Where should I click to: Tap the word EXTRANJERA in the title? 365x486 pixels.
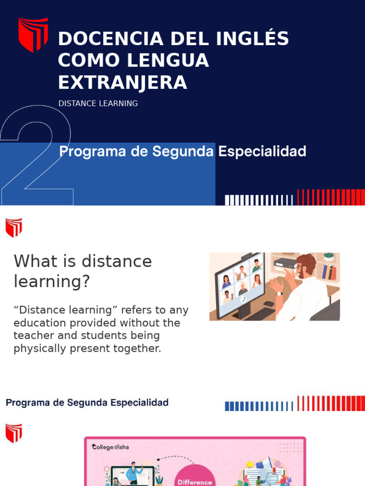(x=122, y=83)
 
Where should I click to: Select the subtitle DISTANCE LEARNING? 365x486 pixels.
(x=98, y=103)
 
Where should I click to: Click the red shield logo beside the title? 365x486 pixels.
(x=33, y=34)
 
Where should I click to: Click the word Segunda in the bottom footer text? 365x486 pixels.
(x=87, y=403)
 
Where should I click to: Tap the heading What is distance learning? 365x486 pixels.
(x=83, y=271)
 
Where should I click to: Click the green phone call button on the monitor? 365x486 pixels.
(x=243, y=299)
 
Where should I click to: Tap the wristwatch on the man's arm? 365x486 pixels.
(x=279, y=293)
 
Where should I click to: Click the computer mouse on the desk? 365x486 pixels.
(x=269, y=304)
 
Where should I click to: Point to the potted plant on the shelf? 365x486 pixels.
(x=329, y=257)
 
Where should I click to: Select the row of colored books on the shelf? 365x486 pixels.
(x=329, y=271)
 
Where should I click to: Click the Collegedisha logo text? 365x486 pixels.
(x=110, y=447)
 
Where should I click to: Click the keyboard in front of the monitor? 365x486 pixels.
(x=259, y=314)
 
